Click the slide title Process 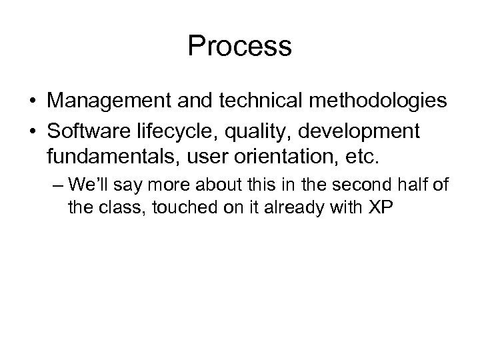(x=239, y=47)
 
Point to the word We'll (x=89, y=185)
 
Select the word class (x=123, y=208)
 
